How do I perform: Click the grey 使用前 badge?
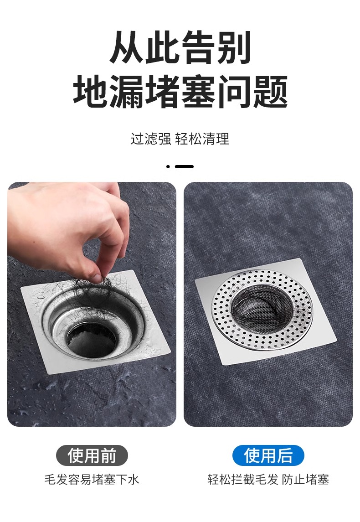92,455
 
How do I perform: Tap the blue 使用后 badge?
268,455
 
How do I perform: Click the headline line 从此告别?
180,47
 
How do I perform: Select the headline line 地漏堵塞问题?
180,91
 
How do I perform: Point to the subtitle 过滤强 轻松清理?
180,139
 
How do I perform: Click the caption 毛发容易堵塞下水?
92,480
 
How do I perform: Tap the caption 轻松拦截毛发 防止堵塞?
268,480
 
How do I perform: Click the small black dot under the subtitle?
168,166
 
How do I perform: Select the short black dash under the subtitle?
184,166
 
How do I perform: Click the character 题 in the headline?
271,91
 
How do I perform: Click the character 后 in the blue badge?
284,456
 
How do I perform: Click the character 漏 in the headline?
126,91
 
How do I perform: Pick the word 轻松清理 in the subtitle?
202,139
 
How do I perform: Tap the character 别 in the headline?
234,47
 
